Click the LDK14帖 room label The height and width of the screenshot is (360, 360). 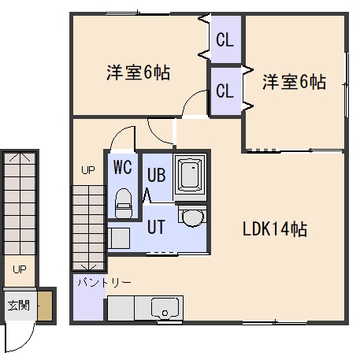tap(275, 229)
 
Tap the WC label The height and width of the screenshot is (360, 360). tap(123, 167)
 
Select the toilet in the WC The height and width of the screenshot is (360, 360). tap(124, 203)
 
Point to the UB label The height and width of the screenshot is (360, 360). tap(156, 175)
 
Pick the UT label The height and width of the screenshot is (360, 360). tap(156, 227)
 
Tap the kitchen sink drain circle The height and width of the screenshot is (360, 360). tap(165, 313)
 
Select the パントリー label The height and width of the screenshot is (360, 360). tap(104, 283)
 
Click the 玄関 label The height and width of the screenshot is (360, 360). tap(18, 306)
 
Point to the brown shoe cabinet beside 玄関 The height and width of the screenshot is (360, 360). tap(45, 306)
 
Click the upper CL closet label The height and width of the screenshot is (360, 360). tap(225, 40)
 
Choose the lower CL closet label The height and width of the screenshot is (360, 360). tap(225, 91)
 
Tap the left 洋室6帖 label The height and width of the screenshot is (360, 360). tap(139, 72)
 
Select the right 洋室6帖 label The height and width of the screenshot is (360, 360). tap(295, 82)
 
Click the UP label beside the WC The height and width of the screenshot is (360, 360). tap(88, 170)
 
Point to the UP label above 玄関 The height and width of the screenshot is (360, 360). tap(20, 269)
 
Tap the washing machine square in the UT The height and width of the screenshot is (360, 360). tap(119, 238)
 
